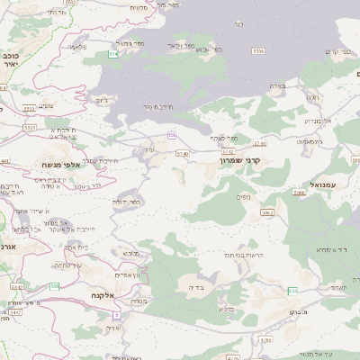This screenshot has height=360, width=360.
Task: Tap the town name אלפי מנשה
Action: [x=61, y=165]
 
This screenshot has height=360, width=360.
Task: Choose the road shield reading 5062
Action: [x=267, y=212]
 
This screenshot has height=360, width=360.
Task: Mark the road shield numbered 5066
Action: [x=299, y=192]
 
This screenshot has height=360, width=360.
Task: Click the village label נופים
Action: [x=245, y=196]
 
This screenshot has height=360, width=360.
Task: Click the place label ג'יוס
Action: [x=102, y=100]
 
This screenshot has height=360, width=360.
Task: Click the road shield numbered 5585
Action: [x=31, y=128]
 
